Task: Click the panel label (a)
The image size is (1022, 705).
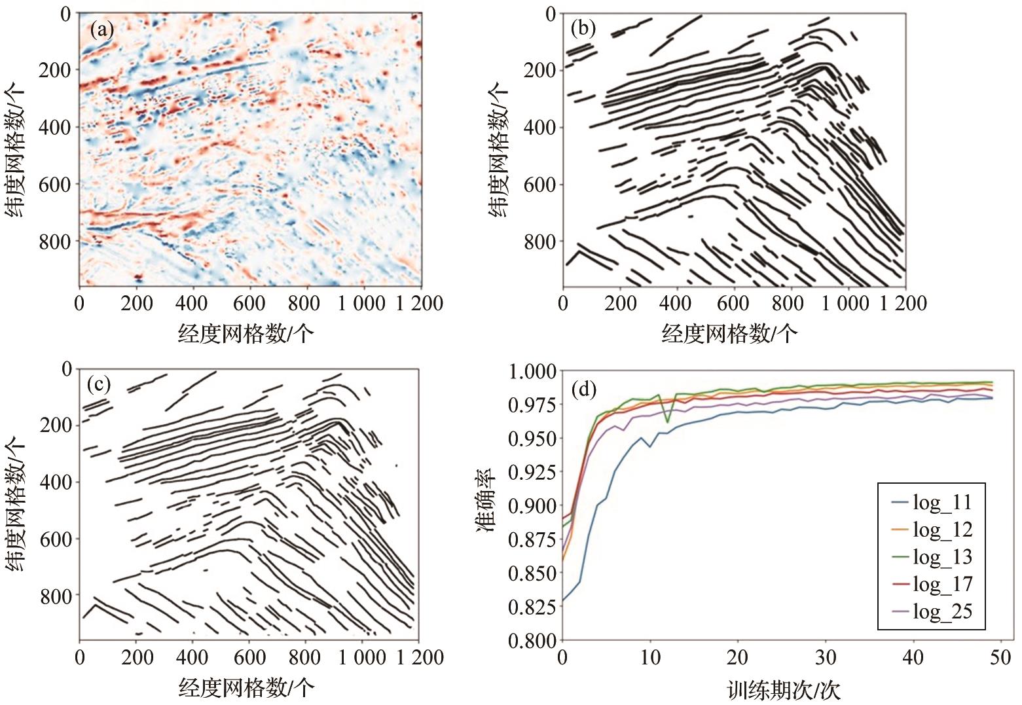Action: pos(102,29)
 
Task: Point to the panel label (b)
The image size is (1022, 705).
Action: pos(583,28)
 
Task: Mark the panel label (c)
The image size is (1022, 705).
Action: pos(100,384)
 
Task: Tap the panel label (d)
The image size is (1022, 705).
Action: pos(584,390)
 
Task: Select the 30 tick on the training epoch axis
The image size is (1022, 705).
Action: pos(826,657)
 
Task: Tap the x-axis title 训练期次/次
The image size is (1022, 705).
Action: pos(782,690)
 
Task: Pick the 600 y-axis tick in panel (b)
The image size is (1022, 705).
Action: pos(541,185)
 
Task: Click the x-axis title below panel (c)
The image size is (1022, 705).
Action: pos(246,688)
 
